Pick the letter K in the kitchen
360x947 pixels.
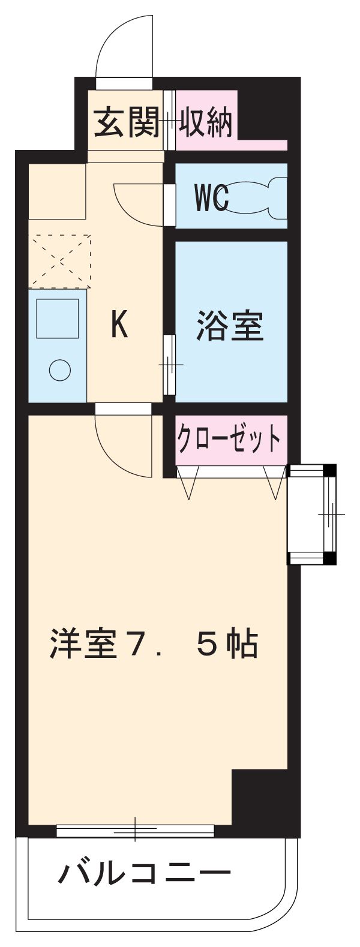point(119,326)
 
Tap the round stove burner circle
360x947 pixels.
point(59,369)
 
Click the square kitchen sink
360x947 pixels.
point(58,318)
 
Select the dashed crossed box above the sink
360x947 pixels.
point(61,260)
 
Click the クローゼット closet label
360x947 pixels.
point(228,440)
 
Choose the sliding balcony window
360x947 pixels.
point(135,831)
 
